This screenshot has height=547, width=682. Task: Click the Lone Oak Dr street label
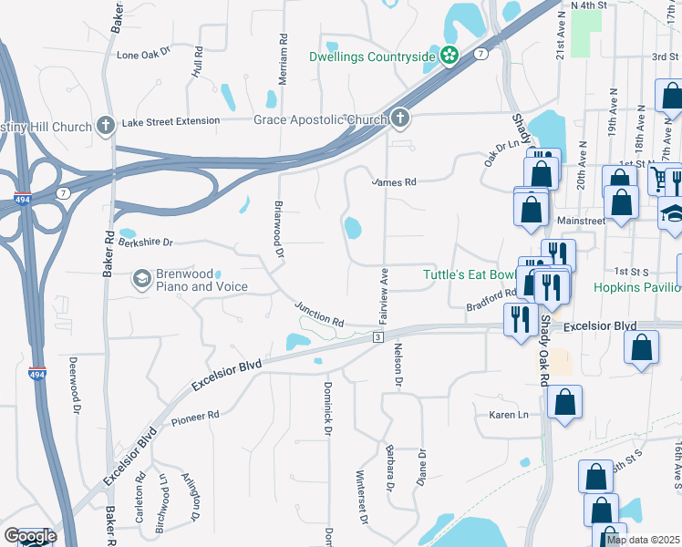click(x=145, y=55)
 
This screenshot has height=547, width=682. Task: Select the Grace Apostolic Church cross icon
click(x=399, y=119)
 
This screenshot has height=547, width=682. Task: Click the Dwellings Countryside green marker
click(x=449, y=57)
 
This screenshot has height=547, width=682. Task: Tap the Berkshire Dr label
click(x=145, y=243)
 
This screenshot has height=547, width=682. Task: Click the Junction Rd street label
click(x=320, y=315)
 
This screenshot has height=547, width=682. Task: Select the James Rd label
click(x=394, y=182)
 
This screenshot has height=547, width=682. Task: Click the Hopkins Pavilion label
click(x=637, y=287)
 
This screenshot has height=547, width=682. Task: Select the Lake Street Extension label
click(x=171, y=120)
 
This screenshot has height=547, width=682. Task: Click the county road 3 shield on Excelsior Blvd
click(x=376, y=337)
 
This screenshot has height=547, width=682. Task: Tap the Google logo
click(x=29, y=536)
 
